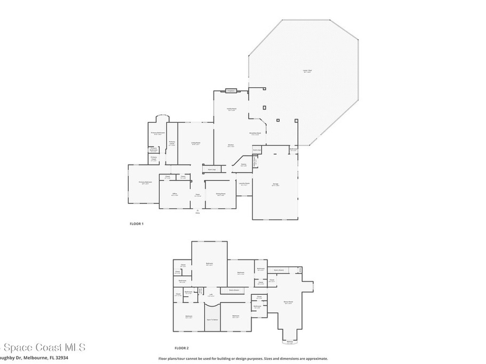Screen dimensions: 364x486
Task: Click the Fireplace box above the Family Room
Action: click(x=231, y=91)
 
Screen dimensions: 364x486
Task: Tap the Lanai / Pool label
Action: click(x=308, y=71)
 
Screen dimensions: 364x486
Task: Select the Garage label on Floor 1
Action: click(x=275, y=185)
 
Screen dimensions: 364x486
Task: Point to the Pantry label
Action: click(x=243, y=165)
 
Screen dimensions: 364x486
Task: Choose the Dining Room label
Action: click(x=221, y=194)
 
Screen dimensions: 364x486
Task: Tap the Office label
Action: click(x=175, y=194)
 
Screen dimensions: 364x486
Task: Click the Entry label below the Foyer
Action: click(x=198, y=213)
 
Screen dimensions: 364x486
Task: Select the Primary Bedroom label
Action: click(x=145, y=182)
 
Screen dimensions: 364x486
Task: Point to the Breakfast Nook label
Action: click(x=255, y=134)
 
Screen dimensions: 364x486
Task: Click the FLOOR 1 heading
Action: click(x=137, y=223)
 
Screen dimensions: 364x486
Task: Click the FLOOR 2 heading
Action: click(x=182, y=348)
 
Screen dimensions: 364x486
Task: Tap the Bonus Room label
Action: click(x=288, y=302)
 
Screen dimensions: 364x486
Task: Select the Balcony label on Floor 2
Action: click(x=290, y=342)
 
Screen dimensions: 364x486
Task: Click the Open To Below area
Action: click(x=212, y=319)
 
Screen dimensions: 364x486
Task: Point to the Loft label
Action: click(x=211, y=295)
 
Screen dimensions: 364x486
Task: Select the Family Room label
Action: click(x=232, y=109)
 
